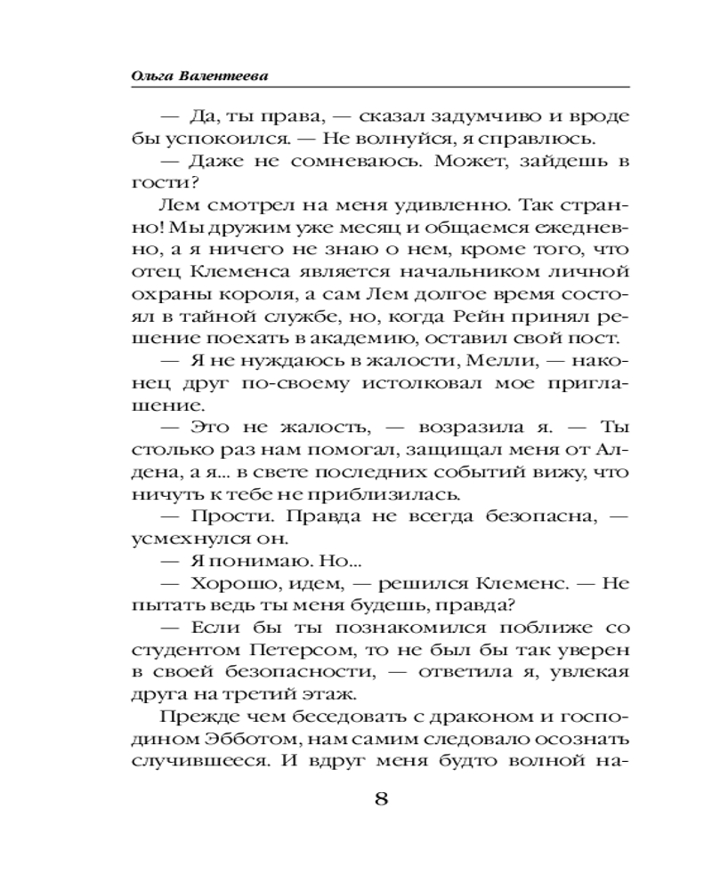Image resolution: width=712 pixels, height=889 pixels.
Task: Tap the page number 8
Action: tap(380, 797)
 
